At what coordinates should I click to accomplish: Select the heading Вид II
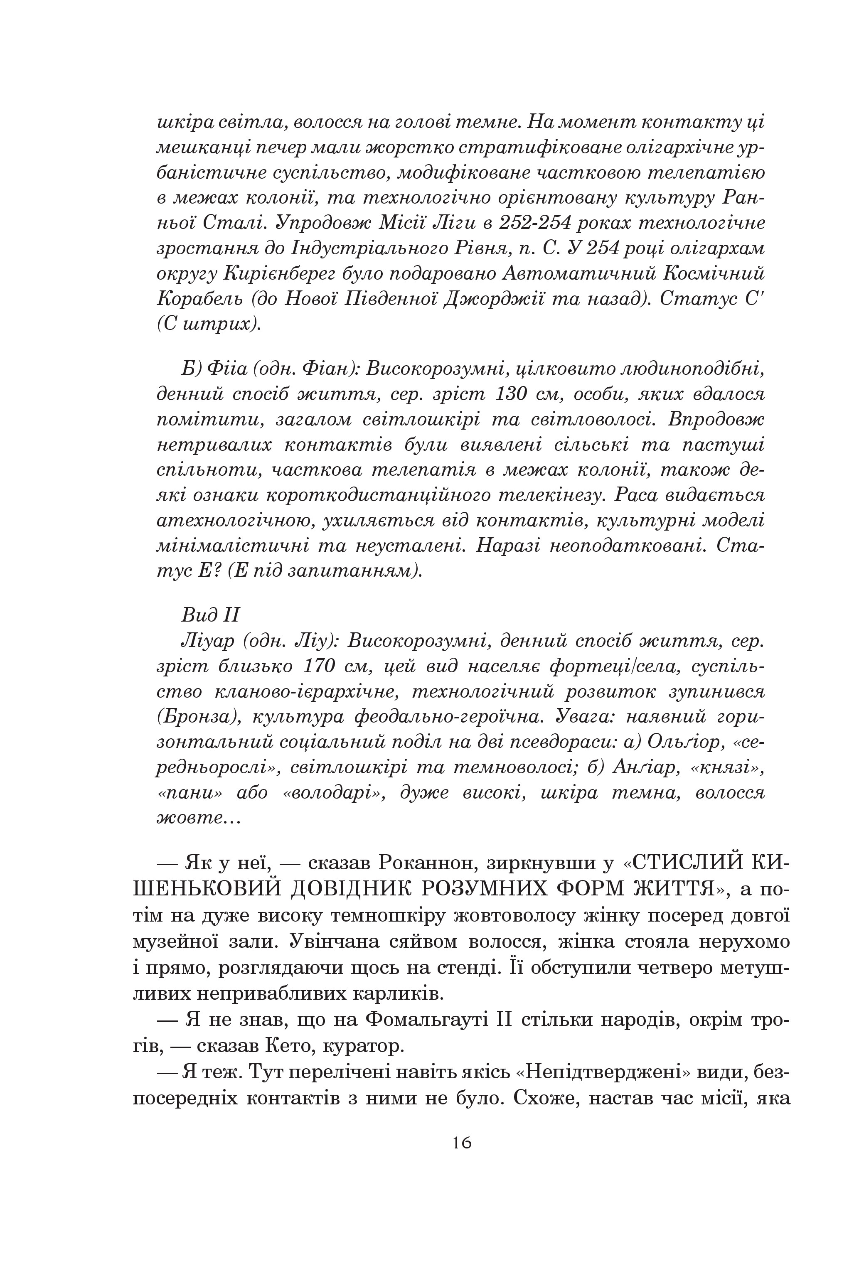(210, 615)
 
